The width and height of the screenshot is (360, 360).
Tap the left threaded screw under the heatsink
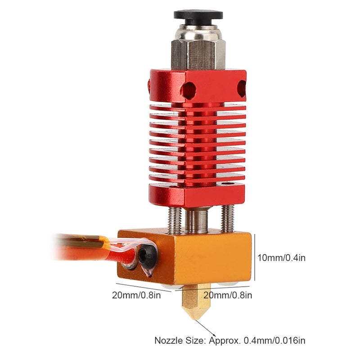point(175,220)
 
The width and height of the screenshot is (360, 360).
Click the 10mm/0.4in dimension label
point(281,258)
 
